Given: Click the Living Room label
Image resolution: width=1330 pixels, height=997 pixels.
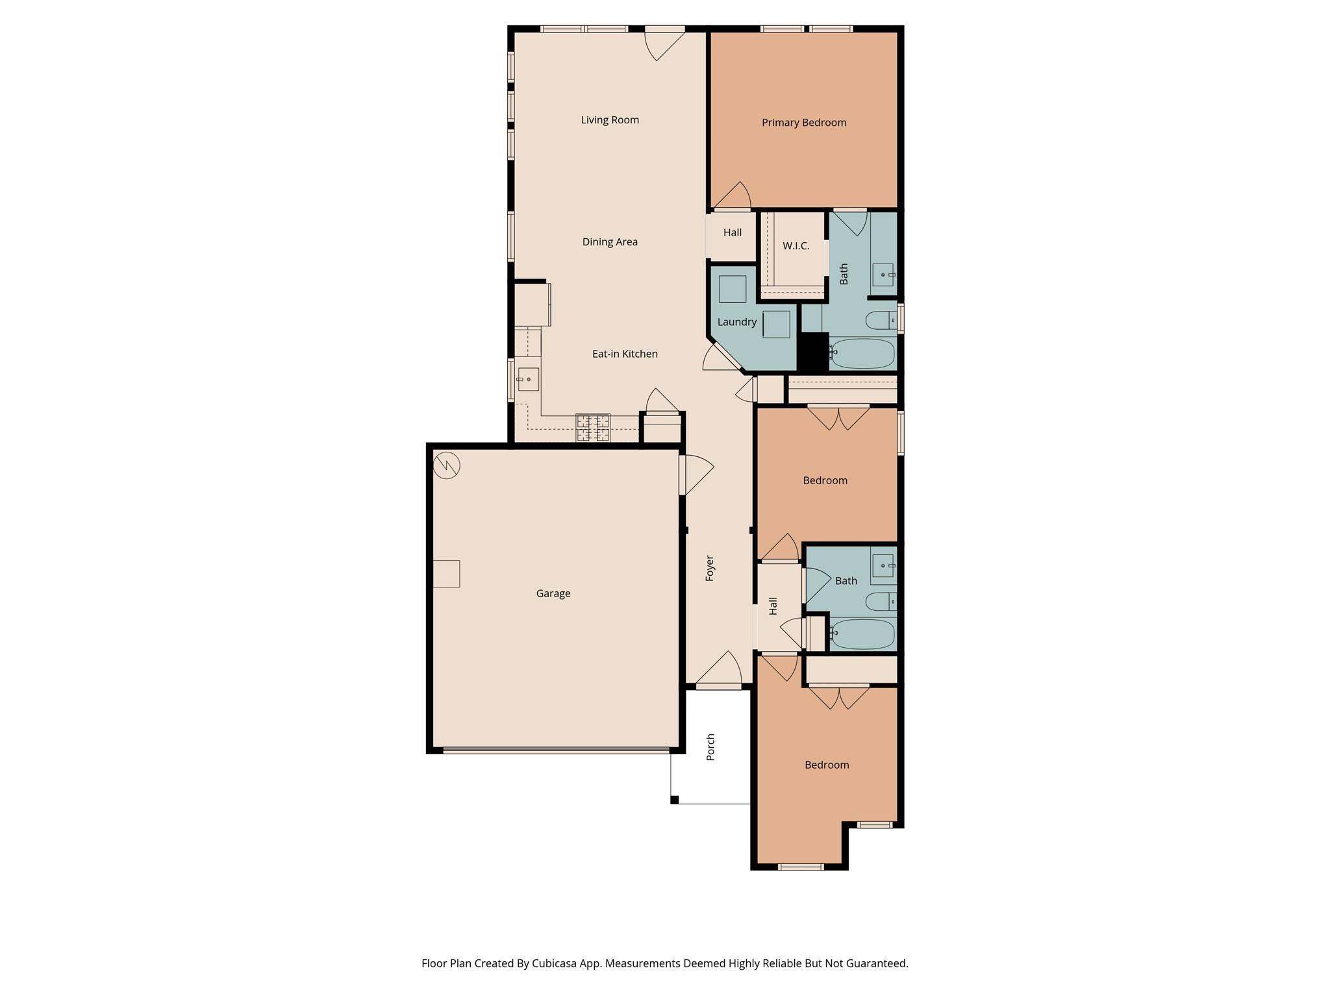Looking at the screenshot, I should pos(610,120).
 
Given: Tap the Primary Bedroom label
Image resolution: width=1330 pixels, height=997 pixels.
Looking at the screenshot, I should pos(803,123).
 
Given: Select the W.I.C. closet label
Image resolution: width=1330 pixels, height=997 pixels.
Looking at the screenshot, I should pos(796,246).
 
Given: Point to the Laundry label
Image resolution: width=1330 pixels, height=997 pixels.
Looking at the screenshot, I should pos(736,322).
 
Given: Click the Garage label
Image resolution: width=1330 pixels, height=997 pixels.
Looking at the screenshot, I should pos(553,593).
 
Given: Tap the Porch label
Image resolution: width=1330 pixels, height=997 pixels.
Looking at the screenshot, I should pos(710,746).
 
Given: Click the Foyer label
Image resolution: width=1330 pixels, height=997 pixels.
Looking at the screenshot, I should pos(710,568).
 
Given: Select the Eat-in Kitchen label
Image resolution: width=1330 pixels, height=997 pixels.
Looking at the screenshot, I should pos(624,354).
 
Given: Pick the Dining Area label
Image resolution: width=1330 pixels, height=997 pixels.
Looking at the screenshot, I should pos(609,242).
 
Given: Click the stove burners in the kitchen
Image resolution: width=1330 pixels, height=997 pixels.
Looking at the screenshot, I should pos(593,428).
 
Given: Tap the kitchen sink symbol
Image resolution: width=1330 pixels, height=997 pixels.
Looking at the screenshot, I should pos(528,379).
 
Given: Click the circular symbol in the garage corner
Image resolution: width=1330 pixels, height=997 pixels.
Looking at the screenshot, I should pos(447,465).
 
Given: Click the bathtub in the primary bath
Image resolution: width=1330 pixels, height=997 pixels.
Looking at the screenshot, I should pos(862,354).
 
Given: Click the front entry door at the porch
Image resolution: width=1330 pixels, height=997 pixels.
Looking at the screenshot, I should pos(718,686).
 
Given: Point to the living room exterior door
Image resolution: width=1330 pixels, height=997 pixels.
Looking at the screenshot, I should pos(664,29).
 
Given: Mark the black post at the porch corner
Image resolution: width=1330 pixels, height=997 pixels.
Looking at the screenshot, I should pos(674,800).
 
